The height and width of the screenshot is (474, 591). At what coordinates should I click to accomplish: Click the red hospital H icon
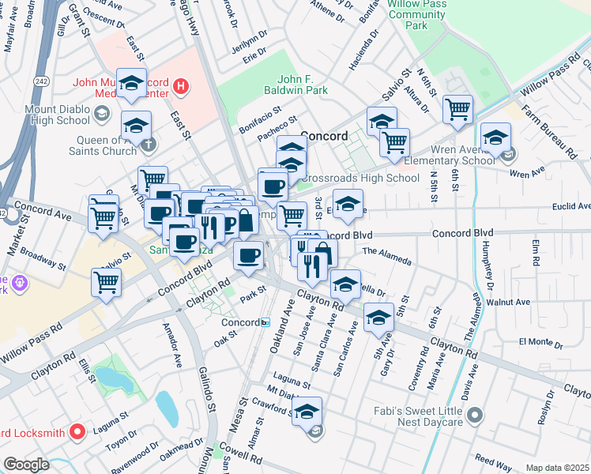[181, 85]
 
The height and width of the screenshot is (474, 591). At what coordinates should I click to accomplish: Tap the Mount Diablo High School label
[57, 115]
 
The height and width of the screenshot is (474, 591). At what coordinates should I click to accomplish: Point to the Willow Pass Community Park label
[418, 14]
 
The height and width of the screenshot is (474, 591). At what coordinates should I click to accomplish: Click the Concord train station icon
[266, 322]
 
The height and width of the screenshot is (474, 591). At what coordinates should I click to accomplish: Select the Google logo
[26, 465]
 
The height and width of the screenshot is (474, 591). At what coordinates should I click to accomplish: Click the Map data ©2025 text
[557, 468]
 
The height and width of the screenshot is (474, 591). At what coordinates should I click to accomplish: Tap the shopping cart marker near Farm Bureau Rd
[457, 111]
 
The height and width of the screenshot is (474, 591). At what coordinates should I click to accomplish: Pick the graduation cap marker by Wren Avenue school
[496, 138]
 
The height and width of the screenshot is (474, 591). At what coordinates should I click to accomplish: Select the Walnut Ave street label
[508, 302]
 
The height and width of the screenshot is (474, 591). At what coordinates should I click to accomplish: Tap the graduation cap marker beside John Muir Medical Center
[133, 84]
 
